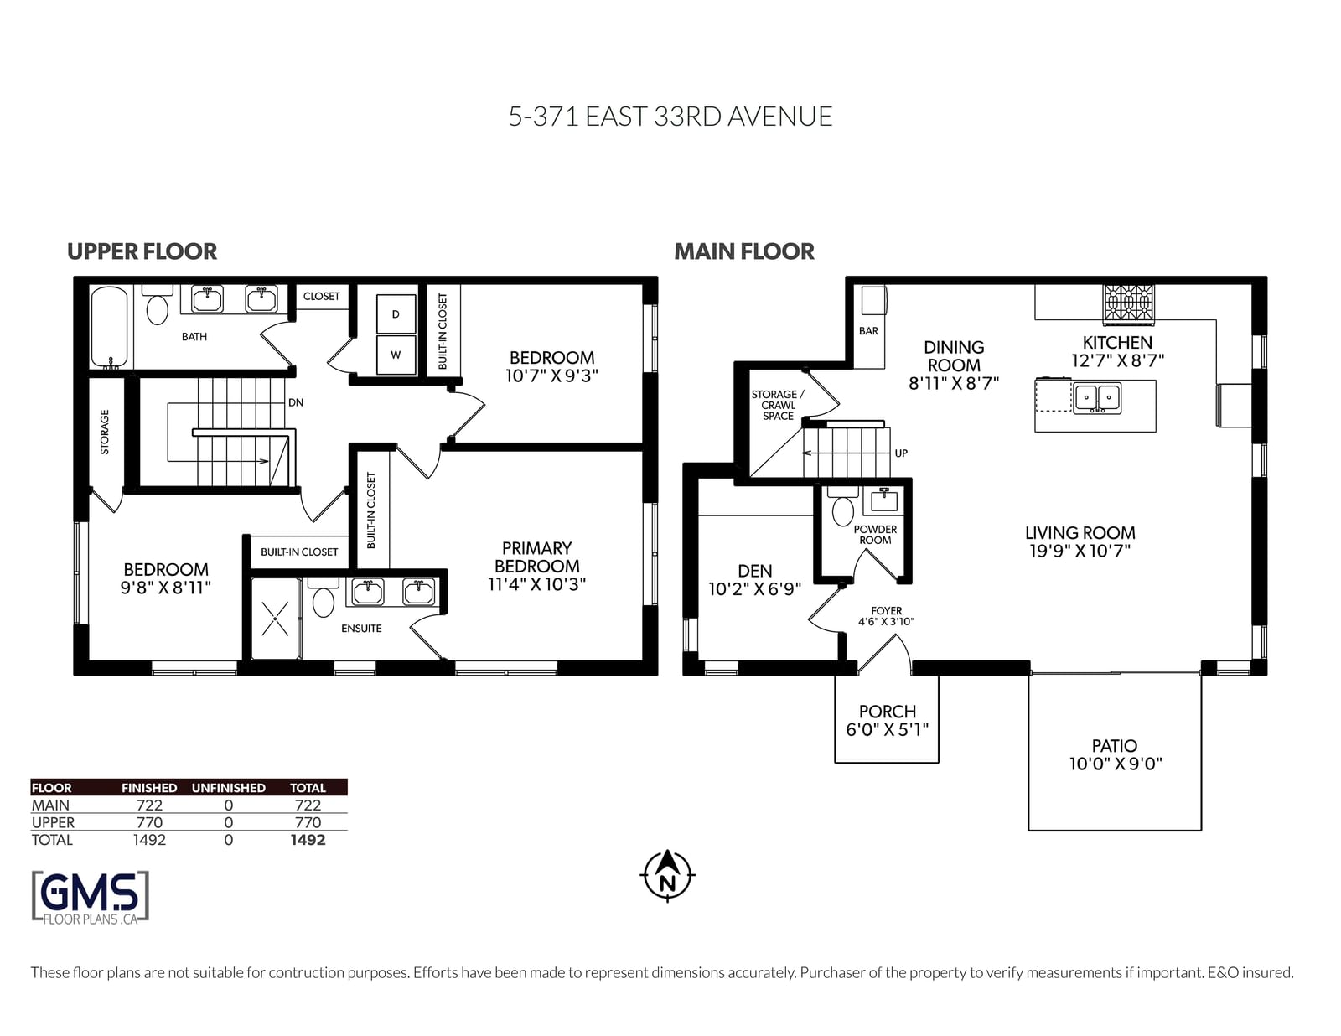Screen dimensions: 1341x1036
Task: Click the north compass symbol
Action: [667, 876]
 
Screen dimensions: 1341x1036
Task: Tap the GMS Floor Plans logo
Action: [91, 898]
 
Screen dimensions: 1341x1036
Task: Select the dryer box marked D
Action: [396, 314]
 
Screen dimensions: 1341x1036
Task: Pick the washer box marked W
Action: [396, 355]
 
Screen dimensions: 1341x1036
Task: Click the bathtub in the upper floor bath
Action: [110, 328]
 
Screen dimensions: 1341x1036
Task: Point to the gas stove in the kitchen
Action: [1129, 304]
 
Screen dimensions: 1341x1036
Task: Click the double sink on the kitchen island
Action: [1097, 398]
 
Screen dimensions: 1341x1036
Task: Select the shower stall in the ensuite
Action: [275, 619]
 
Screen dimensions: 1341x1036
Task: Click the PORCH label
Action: [888, 712]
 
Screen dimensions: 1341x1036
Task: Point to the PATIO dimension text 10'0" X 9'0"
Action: [1116, 764]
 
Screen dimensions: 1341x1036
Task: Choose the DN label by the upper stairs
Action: [296, 402]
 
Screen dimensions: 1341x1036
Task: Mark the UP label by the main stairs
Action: [901, 453]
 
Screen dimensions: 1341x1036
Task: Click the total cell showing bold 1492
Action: [308, 840]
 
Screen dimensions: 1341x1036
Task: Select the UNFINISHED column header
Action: [228, 788]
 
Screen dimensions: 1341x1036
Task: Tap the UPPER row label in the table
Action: [53, 822]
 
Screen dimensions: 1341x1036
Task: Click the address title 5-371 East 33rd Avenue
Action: [670, 117]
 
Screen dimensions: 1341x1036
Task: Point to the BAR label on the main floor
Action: [868, 331]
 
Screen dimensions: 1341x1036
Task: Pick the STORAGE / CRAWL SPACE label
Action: [778, 406]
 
